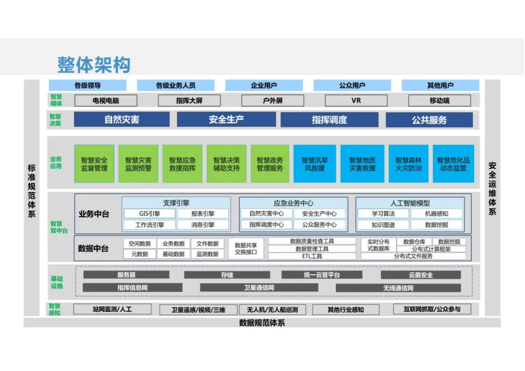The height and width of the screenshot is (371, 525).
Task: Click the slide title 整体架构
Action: pyautogui.click(x=94, y=64)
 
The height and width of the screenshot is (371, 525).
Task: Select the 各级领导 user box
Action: pyautogui.click(x=87, y=85)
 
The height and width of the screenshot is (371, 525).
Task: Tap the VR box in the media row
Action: pyautogui.click(x=356, y=101)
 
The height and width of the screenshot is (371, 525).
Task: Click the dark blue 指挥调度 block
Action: pyautogui.click(x=329, y=119)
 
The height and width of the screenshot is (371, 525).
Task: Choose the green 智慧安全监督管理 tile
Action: pyautogui.click(x=94, y=164)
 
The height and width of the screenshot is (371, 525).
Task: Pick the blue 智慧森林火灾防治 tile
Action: pyautogui.click(x=408, y=164)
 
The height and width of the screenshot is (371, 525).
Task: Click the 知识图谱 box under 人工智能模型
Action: pyautogui.click(x=383, y=225)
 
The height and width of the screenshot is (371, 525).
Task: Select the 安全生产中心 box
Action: pyautogui.click(x=319, y=214)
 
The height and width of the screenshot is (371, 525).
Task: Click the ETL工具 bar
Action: pyautogui.click(x=312, y=256)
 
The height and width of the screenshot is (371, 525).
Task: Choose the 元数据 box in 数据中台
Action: pyautogui.click(x=139, y=254)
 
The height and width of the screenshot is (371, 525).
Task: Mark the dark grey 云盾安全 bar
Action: pyautogui.click(x=420, y=275)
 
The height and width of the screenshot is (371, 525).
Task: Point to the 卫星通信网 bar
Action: pyautogui.click(x=259, y=287)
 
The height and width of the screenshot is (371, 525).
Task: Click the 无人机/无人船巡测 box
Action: pyautogui.click(x=272, y=309)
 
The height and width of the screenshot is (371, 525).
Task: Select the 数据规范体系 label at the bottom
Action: pyautogui.click(x=262, y=323)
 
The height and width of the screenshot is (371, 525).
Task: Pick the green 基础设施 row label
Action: pyautogui.click(x=57, y=282)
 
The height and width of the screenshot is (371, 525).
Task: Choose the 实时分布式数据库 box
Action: pyautogui.click(x=378, y=245)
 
